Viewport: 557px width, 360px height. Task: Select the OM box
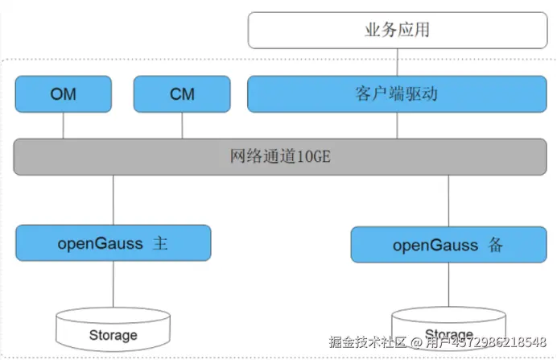pyautogui.click(x=64, y=94)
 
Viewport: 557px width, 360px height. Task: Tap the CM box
pyautogui.click(x=182, y=94)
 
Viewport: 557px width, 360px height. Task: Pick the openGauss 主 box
pyautogui.click(x=113, y=242)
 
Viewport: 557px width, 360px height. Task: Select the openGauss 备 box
pyautogui.click(x=448, y=244)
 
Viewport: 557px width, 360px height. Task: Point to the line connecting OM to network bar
pyautogui.click(x=64, y=125)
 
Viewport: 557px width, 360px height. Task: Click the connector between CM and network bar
pyautogui.click(x=182, y=125)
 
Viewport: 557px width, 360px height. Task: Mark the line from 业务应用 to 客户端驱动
pyautogui.click(x=397, y=62)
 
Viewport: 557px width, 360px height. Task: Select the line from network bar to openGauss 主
pyautogui.click(x=113, y=200)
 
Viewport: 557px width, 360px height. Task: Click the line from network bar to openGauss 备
pyautogui.click(x=448, y=201)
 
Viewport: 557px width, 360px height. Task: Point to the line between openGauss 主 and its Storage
pyautogui.click(x=113, y=283)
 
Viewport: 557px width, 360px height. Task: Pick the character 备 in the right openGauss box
pyautogui.click(x=495, y=245)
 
